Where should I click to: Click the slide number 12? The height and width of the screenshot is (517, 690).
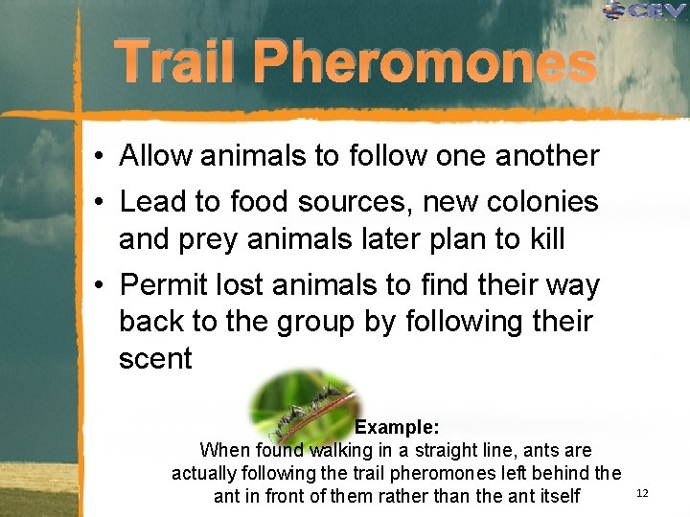click(x=642, y=492)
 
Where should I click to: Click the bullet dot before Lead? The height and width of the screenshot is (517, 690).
click(x=100, y=203)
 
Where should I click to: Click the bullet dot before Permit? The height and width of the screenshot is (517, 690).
click(x=100, y=286)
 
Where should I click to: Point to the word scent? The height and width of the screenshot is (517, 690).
click(x=155, y=359)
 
